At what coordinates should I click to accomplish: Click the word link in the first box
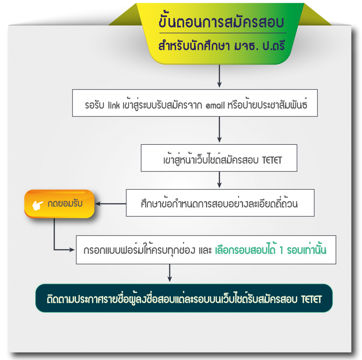[x=114, y=105]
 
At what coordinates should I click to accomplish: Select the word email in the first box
[x=216, y=105]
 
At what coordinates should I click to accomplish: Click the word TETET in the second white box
[x=272, y=160]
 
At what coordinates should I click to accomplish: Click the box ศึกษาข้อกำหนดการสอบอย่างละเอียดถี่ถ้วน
[x=220, y=203]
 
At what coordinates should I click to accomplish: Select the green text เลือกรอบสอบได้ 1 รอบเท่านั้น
[x=270, y=250]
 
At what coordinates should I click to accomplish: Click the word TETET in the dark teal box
[x=311, y=299]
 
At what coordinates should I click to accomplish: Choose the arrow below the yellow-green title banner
[x=219, y=76]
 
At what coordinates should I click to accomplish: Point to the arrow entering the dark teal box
[x=170, y=273]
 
